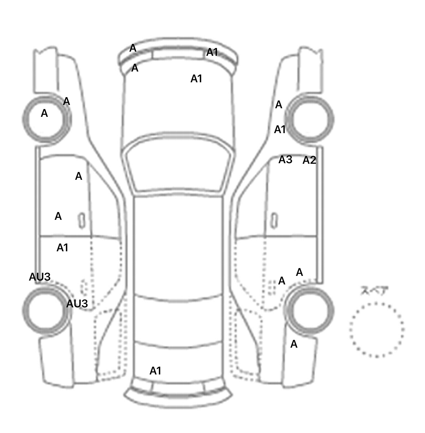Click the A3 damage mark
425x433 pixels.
click(285, 160)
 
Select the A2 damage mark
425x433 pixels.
click(309, 160)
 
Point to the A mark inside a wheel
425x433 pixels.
click(44, 113)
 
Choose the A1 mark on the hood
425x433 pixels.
click(196, 79)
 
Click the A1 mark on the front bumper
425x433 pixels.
click(212, 52)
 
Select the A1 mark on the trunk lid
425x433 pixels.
click(155, 371)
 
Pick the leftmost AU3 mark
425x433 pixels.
click(40, 277)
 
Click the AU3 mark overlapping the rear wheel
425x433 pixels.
click(77, 304)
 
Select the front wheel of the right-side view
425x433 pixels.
click(310, 120)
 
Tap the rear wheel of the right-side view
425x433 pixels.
click(310, 310)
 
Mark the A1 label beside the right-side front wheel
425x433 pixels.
click(280, 130)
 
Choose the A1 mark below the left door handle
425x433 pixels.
click(63, 248)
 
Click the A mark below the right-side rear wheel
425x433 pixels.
click(294, 344)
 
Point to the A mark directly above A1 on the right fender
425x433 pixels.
click(279, 105)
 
